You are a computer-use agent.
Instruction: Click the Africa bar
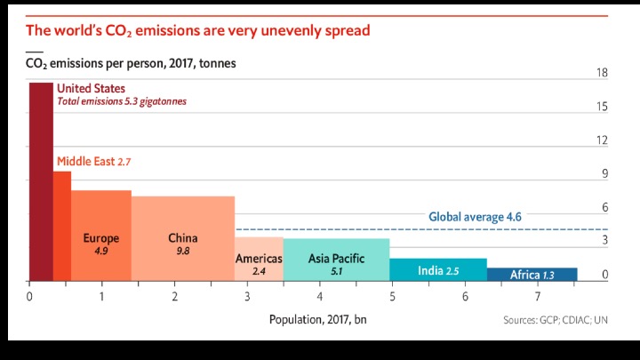(532, 275)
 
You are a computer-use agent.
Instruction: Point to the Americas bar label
(259, 259)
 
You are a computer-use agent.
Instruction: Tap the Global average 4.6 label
(475, 216)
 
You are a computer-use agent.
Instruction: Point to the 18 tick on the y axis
(602, 73)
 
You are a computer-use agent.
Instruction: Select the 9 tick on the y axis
(604, 174)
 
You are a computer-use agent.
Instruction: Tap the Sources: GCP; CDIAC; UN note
(557, 320)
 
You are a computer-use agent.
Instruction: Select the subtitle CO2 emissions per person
(129, 64)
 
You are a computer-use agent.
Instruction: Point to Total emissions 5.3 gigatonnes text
(122, 101)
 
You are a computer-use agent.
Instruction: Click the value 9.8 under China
(183, 252)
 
